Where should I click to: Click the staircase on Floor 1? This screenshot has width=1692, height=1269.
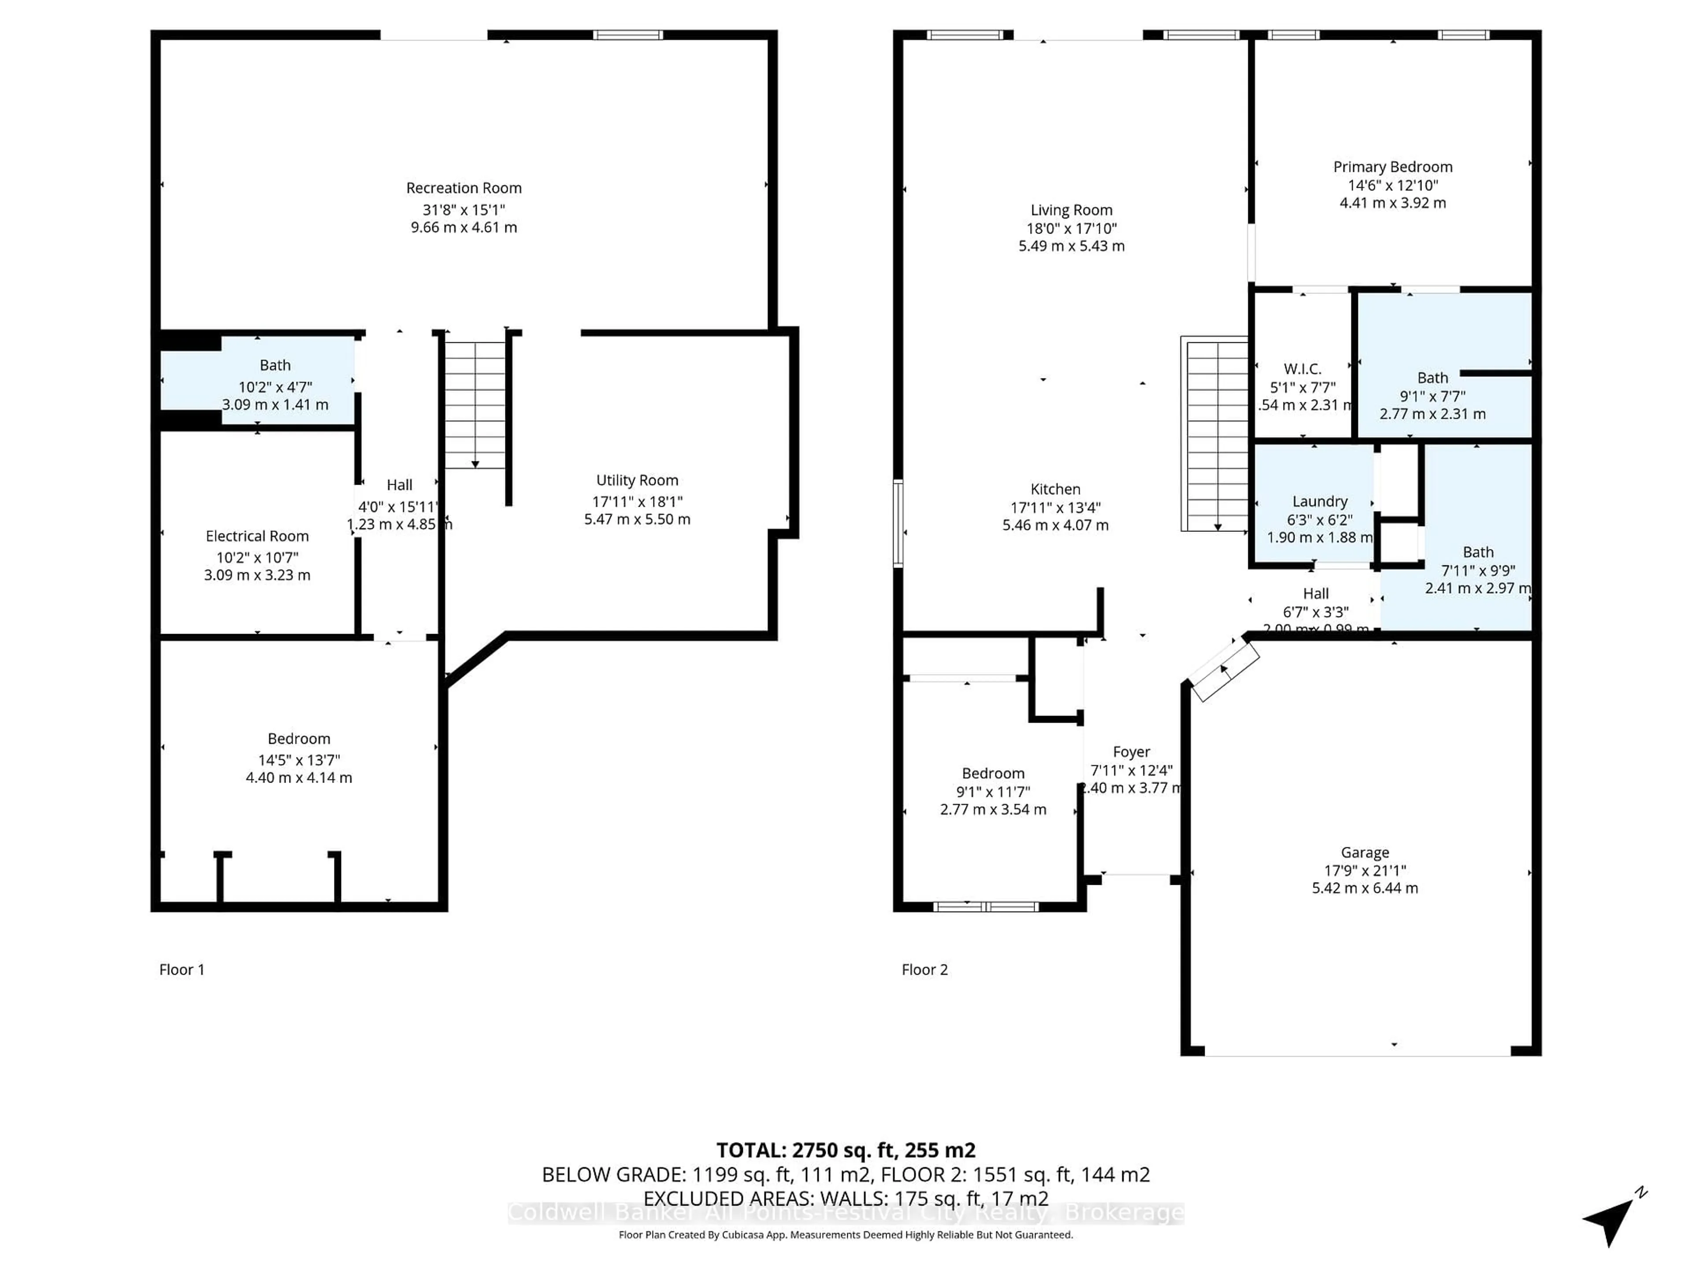coord(475,405)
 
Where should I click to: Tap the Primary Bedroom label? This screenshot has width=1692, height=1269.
coord(1392,167)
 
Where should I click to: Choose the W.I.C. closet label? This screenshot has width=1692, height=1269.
coord(1302,369)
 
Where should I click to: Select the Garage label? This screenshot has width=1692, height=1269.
coord(1365,852)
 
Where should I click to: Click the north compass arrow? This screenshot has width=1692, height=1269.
coord(1611,1218)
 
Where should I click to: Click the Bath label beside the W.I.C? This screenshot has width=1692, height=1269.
coord(1432,378)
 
